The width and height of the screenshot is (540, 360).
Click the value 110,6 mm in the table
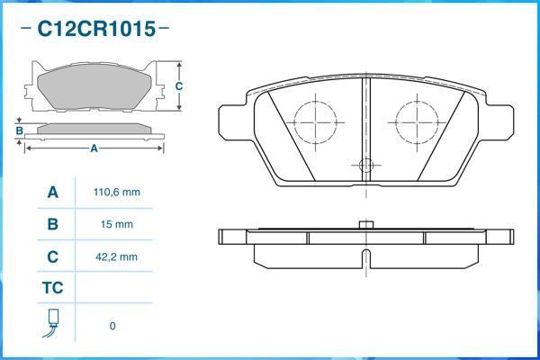pyautogui.click(x=117, y=193)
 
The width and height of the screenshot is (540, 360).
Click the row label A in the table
pyautogui.click(x=52, y=193)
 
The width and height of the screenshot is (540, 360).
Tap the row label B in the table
pyautogui.click(x=52, y=224)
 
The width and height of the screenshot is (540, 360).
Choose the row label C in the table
pyautogui.click(x=52, y=256)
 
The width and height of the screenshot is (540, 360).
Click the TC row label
pyautogui.click(x=52, y=289)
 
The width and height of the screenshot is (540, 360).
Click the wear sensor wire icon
pyautogui.click(x=53, y=324)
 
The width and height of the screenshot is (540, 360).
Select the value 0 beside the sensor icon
pyautogui.click(x=112, y=326)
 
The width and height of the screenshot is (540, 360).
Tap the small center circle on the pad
pyautogui.click(x=365, y=165)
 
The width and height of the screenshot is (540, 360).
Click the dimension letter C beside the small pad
pyautogui.click(x=180, y=86)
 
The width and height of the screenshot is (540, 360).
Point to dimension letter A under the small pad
pyautogui.click(x=94, y=149)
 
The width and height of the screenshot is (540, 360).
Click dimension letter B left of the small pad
pyautogui.click(x=19, y=132)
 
